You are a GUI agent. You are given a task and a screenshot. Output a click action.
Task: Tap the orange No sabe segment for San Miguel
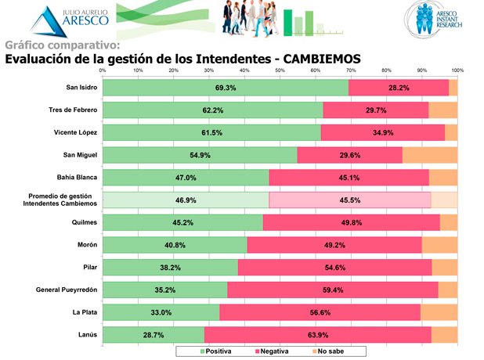click(429, 155)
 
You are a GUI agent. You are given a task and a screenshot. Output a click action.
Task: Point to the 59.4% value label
click(333, 290)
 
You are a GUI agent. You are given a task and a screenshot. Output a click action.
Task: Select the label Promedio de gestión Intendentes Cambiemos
click(62, 200)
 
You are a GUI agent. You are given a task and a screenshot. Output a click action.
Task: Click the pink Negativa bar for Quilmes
click(351, 222)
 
